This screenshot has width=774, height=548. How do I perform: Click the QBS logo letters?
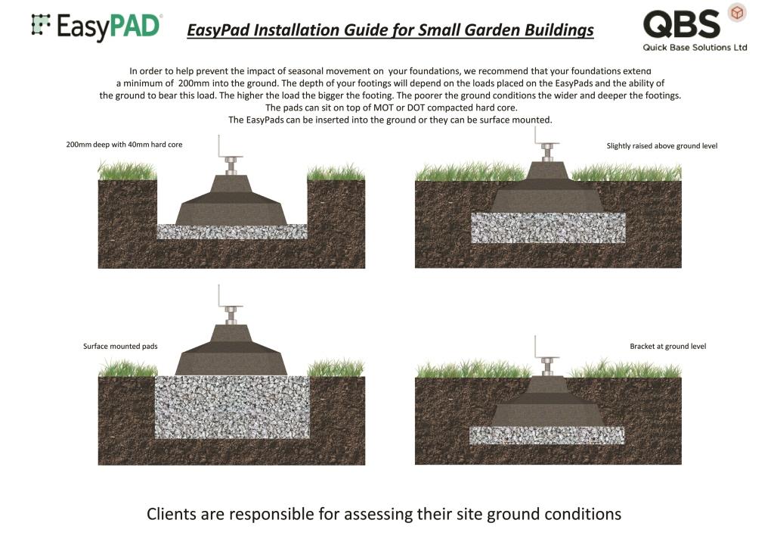681,24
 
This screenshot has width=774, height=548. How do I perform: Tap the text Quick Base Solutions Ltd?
695,48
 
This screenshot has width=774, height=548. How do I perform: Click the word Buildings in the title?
555,30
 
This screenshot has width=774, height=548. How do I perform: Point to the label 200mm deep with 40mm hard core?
124,145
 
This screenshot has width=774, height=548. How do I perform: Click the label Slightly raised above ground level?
661,145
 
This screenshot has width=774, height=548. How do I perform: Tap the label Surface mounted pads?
120,347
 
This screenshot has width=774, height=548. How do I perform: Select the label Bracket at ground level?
667,347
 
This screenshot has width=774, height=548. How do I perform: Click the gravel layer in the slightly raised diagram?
548,227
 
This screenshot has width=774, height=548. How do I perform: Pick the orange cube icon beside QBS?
735,12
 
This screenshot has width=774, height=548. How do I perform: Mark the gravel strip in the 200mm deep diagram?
231,232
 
